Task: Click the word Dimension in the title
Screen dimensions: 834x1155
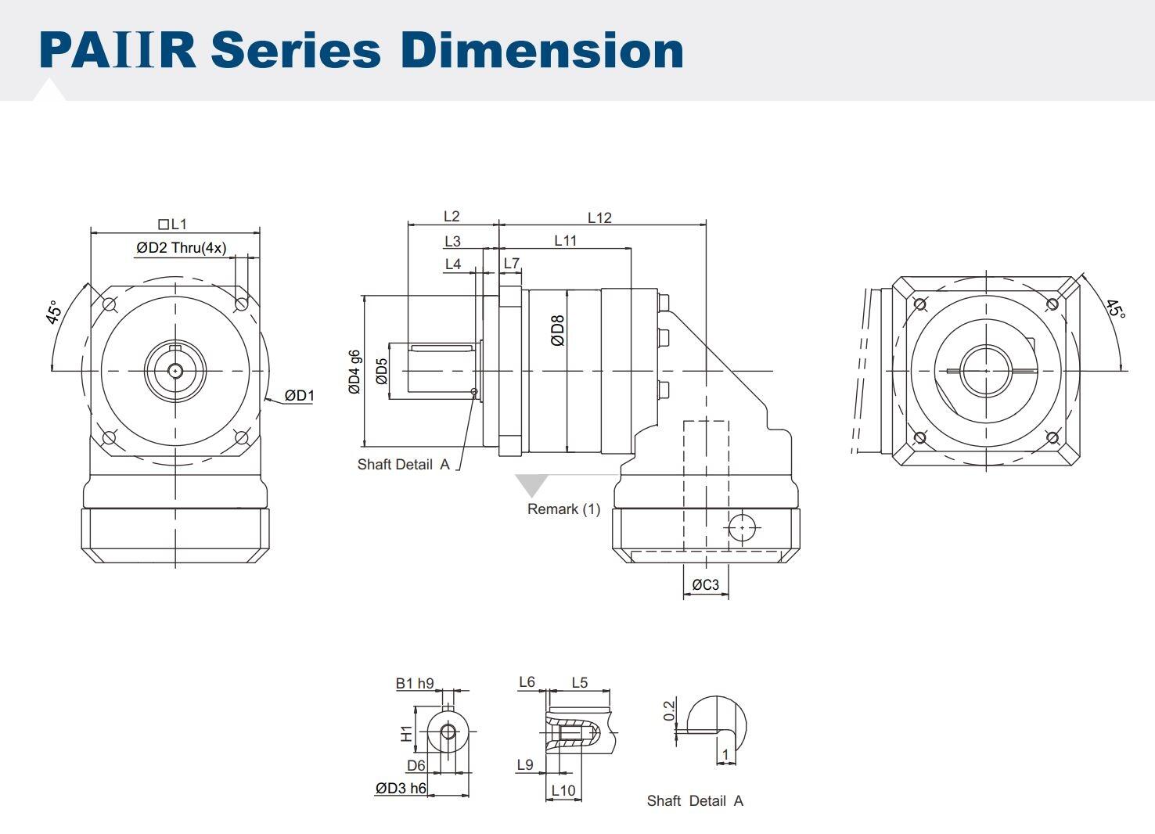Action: pyautogui.click(x=542, y=50)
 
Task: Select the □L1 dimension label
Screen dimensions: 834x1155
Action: pyautogui.click(x=173, y=225)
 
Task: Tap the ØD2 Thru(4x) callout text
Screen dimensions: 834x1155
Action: pyautogui.click(x=182, y=248)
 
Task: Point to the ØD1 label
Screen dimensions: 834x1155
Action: pyautogui.click(x=299, y=396)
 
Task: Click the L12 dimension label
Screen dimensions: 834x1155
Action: pyautogui.click(x=599, y=217)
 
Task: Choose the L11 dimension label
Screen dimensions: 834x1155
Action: pyautogui.click(x=565, y=241)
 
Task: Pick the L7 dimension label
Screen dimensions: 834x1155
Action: pyautogui.click(x=511, y=264)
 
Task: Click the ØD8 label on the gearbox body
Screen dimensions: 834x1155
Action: pyautogui.click(x=557, y=331)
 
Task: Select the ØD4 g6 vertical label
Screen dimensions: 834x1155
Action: pyautogui.click(x=354, y=371)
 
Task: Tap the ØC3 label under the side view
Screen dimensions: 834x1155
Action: pyautogui.click(x=705, y=584)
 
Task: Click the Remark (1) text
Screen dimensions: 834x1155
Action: pyautogui.click(x=563, y=509)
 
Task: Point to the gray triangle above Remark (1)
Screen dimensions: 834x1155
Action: pyautogui.click(x=531, y=484)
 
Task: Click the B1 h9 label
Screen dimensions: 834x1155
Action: pyautogui.click(x=414, y=683)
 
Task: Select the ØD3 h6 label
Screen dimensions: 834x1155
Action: pyautogui.click(x=401, y=788)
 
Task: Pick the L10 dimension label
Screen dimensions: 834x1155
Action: pyautogui.click(x=563, y=790)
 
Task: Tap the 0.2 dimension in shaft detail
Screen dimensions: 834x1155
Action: pyautogui.click(x=669, y=710)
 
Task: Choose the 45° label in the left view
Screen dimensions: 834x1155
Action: pyautogui.click(x=53, y=312)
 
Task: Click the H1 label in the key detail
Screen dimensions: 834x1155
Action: pyautogui.click(x=406, y=733)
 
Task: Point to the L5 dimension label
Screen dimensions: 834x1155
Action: pyautogui.click(x=579, y=682)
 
